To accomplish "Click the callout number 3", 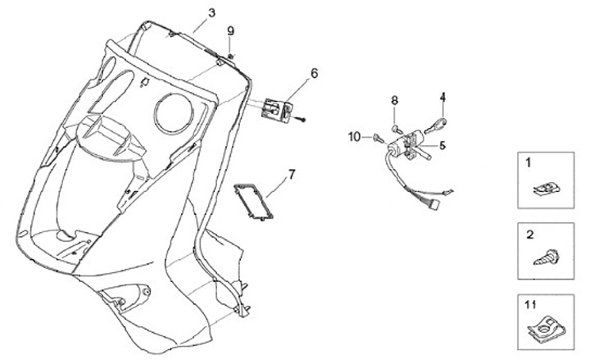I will [211, 13].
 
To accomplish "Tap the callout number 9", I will [230, 31].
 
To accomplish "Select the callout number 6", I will [314, 74].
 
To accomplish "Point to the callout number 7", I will [291, 175].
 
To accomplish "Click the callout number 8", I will [394, 100].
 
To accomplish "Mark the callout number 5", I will [441, 146].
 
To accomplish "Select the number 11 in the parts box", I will [530, 307].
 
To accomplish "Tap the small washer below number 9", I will [231, 55].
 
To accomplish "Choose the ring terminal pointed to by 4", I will [439, 124].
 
